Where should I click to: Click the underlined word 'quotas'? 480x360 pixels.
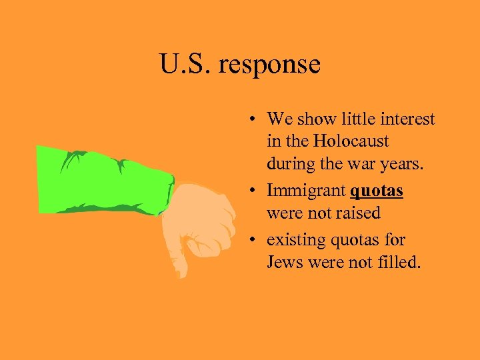377,191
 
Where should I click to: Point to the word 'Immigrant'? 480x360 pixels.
306,191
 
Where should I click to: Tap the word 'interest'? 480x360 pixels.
407,119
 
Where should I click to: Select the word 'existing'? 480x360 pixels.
293,239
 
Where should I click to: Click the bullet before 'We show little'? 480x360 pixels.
256,121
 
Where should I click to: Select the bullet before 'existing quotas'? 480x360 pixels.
256,240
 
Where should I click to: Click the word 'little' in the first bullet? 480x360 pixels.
357,119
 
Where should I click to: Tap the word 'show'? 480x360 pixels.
316,119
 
